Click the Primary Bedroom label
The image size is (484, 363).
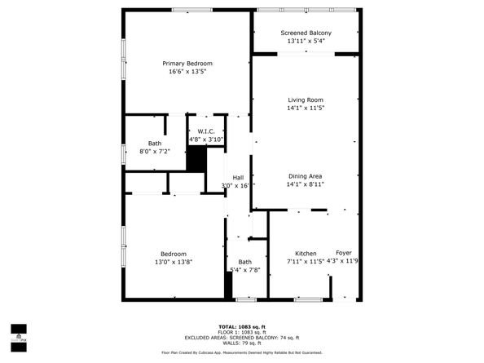point(187,64)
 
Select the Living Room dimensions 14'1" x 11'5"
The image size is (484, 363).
point(305,108)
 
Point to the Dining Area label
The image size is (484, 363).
point(305,176)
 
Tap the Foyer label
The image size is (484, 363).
point(344,254)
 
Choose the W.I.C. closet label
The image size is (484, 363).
point(205,131)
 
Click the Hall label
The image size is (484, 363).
point(238,178)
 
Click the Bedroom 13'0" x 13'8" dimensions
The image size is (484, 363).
point(173,262)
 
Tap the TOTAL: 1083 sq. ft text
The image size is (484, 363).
point(242,327)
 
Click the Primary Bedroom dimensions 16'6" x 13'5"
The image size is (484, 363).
point(187,72)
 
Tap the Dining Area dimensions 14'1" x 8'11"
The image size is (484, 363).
point(305,184)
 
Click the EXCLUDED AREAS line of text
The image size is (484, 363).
point(242,337)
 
